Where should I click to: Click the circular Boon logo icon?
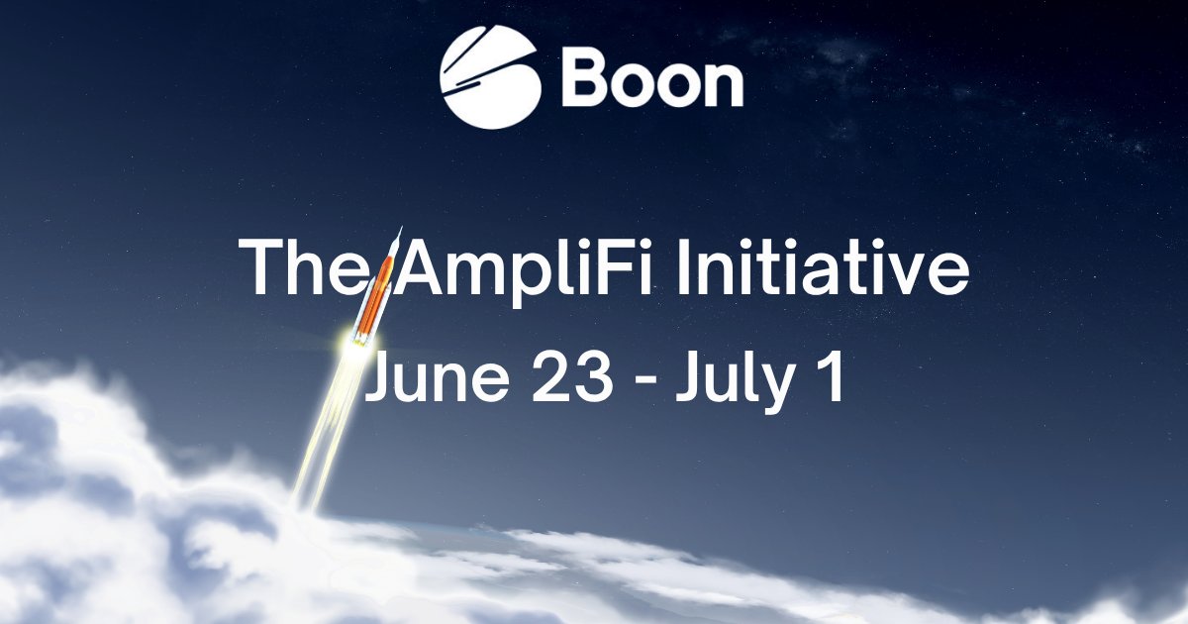pyautogui.click(x=490, y=78)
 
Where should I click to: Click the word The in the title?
pyautogui.click(x=301, y=267)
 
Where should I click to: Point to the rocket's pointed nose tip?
pyautogui.click(x=400, y=229)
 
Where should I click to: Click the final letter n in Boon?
pyautogui.click(x=722, y=86)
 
